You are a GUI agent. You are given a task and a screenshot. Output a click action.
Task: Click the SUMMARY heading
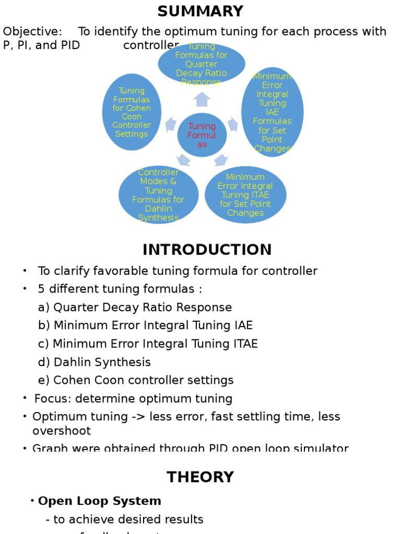[200, 11]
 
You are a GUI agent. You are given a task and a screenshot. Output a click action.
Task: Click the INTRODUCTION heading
[207, 249]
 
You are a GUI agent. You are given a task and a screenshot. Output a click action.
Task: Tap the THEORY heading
[200, 477]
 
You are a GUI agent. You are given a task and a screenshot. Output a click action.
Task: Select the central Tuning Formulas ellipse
[202, 135]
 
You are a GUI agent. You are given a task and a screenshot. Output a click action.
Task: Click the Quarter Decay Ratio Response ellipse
[202, 64]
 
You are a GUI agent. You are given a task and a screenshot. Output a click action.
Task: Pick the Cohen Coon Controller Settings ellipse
[132, 112]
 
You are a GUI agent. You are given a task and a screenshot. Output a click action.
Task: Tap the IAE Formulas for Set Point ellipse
[272, 112]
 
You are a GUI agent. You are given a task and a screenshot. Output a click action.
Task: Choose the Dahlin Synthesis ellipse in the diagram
[159, 195]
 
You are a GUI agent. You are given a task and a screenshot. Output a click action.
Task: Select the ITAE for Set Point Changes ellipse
[245, 195]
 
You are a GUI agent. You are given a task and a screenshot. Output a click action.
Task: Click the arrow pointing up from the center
[202, 99]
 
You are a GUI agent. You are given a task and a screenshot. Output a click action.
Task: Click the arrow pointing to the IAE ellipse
[233, 124]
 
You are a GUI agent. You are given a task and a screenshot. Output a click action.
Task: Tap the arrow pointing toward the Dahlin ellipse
[183, 160]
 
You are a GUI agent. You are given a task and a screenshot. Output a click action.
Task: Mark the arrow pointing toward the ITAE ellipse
[221, 160]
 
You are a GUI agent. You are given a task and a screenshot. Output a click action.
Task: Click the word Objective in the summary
[32, 31]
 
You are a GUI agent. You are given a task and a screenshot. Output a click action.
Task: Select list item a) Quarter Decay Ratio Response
[135, 307]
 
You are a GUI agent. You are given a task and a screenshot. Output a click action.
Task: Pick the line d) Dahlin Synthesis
[94, 362]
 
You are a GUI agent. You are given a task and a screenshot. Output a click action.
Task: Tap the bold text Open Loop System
[100, 501]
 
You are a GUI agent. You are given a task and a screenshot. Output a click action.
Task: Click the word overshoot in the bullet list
[62, 431]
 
